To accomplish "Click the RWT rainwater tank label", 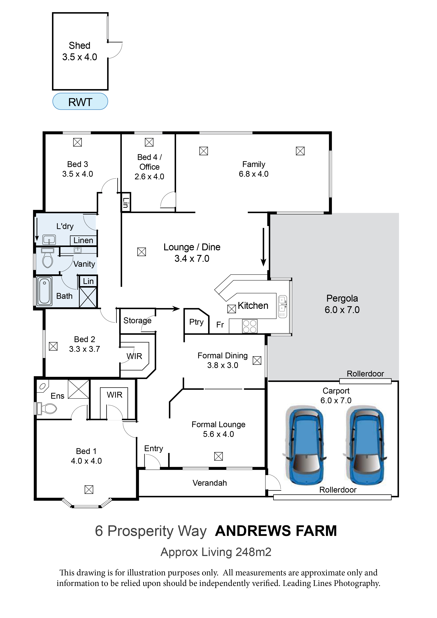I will (80, 102).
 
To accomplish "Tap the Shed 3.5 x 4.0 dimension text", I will (79, 57).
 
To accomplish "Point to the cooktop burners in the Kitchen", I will (250, 326).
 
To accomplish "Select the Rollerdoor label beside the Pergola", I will (365, 374).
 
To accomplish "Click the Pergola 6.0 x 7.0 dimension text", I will (342, 310).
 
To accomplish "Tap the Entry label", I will (153, 448).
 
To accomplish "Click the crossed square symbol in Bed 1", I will (89, 490).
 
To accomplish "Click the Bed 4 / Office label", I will (149, 162).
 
